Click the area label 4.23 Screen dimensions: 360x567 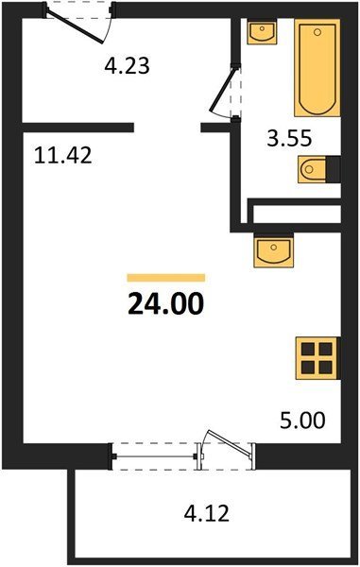click(127, 66)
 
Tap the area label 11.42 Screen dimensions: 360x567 click(63, 156)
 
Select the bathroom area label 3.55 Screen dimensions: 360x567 click(289, 138)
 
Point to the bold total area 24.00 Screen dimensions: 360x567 click(166, 303)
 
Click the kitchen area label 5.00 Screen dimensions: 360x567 click(303, 421)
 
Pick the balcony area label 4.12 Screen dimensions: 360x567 click(207, 513)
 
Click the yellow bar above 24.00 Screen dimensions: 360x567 click(166, 277)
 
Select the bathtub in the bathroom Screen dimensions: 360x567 click(317, 68)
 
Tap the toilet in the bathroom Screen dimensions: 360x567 click(313, 168)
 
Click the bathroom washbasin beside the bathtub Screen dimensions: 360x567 click(262, 31)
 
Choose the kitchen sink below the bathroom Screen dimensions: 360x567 click(273, 250)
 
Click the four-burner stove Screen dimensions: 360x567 click(317, 358)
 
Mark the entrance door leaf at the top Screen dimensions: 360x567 click(76, 26)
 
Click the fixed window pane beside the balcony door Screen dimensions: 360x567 click(154, 456)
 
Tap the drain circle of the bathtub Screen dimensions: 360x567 click(317, 32)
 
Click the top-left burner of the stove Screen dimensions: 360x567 click(308, 349)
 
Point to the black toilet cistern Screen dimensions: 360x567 click(334, 168)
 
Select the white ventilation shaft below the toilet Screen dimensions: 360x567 click(297, 215)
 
